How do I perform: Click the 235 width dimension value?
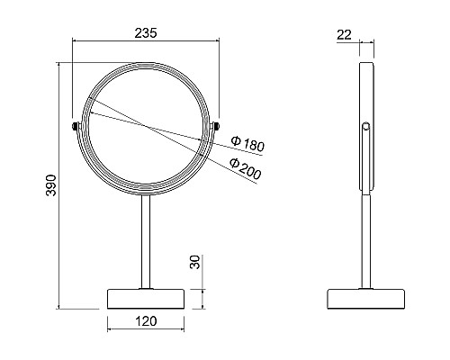point(146,33)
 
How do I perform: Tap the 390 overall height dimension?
point(51,184)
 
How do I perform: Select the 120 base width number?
point(146,321)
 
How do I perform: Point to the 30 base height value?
point(195,262)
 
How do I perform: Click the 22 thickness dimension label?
point(344,35)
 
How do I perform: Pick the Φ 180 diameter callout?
point(247,144)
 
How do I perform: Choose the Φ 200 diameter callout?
point(245,169)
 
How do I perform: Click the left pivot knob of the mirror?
point(75,126)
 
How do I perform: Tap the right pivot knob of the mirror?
point(217,126)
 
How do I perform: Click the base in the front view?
point(146,299)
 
